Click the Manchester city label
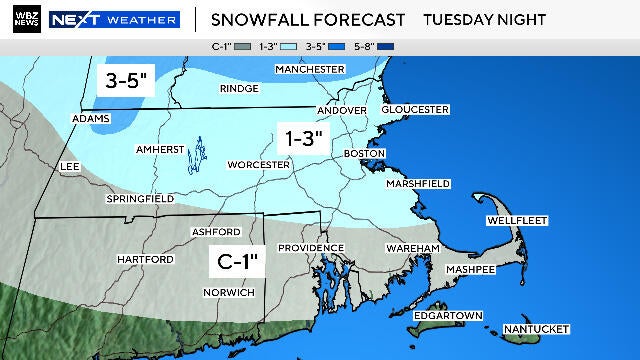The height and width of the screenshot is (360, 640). (310, 68)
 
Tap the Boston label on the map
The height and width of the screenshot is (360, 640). (364, 153)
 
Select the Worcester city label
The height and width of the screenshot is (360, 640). (258, 164)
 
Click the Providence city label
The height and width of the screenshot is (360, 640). (311, 247)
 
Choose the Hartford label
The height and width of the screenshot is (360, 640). (145, 259)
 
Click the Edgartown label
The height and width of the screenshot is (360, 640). (447, 316)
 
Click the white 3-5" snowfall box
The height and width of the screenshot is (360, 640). (117, 81)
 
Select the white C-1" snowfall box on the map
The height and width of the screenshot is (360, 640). (239, 263)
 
